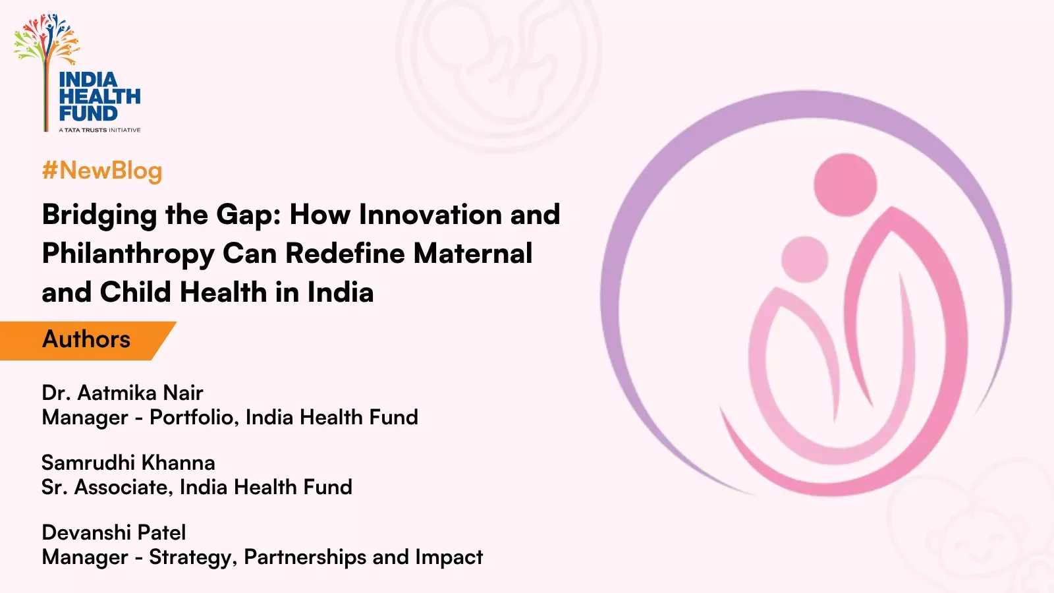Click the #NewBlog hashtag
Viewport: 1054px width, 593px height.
coord(102,171)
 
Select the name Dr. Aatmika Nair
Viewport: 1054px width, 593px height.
coord(123,393)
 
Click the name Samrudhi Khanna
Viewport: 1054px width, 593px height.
coord(128,463)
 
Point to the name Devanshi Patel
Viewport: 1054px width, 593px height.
coord(114,533)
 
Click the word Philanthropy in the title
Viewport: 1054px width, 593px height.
coord(128,254)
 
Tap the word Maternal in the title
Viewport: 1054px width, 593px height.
coord(473,253)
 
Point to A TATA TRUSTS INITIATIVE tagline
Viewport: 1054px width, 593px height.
coord(99,130)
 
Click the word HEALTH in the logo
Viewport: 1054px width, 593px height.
coord(99,96)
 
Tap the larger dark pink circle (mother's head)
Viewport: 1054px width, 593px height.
coord(845,185)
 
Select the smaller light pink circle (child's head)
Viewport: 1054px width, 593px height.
coord(804,260)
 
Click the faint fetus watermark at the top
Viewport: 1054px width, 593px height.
coord(499,71)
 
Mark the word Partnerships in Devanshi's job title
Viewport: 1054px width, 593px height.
coord(306,557)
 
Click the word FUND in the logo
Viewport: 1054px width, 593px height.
coord(88,113)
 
